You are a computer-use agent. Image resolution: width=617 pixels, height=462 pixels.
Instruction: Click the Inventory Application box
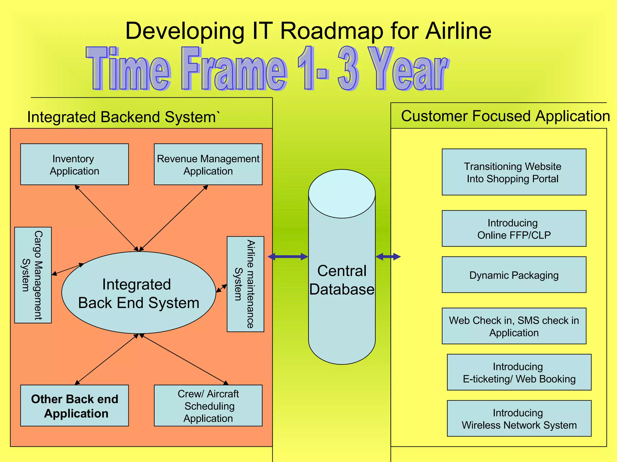coord(74,164)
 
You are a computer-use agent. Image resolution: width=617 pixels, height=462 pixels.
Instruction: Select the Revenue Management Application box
coord(208,164)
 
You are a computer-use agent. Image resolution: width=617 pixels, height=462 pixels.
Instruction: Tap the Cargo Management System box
coord(33,275)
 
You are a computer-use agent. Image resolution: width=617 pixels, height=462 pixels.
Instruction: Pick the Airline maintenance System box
coord(245,284)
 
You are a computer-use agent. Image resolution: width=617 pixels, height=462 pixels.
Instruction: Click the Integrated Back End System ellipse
coord(139,293)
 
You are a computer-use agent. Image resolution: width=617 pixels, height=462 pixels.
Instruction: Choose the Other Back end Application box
coord(74,405)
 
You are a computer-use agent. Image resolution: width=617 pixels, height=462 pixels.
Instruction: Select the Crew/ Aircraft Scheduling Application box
coord(208,405)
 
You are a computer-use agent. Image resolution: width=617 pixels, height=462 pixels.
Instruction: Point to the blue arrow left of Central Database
coord(288,257)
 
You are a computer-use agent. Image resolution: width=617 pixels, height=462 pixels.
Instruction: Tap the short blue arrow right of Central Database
coord(388,257)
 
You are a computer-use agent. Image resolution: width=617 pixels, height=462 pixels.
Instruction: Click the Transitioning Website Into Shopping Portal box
coord(514,172)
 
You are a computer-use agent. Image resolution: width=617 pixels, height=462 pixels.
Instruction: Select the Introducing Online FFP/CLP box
coord(514,229)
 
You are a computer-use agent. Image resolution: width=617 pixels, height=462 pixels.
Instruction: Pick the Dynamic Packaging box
coord(514,275)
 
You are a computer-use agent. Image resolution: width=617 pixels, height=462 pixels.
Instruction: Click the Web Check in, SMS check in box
coord(514,326)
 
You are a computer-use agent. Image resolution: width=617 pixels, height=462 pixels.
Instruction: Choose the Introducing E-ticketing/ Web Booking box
coord(519,372)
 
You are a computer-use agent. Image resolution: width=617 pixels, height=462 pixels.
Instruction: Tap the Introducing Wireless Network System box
coord(519,418)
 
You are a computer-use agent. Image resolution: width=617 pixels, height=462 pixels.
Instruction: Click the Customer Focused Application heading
coord(505,116)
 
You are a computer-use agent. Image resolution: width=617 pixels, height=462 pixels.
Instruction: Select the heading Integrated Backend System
coord(122,117)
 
